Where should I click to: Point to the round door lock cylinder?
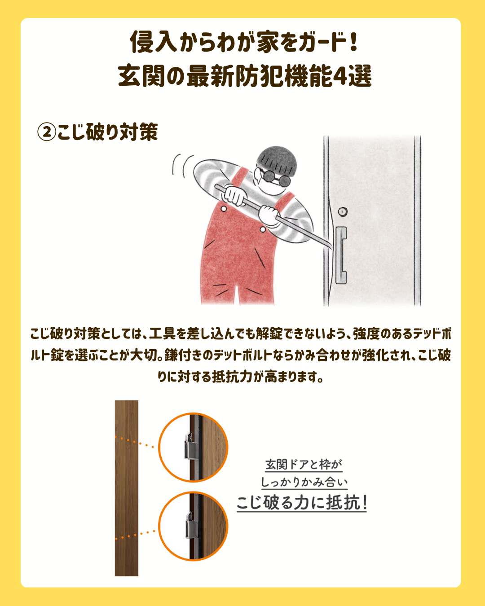click(x=342, y=211)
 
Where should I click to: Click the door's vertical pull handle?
click(x=341, y=255)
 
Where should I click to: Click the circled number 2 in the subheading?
click(x=47, y=132)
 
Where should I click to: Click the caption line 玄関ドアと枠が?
click(x=304, y=465)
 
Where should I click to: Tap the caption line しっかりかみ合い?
click(x=304, y=482)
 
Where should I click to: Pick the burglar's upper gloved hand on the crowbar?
click(x=234, y=194)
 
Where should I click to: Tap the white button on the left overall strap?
click(x=224, y=209)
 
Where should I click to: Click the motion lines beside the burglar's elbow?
click(x=182, y=166)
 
